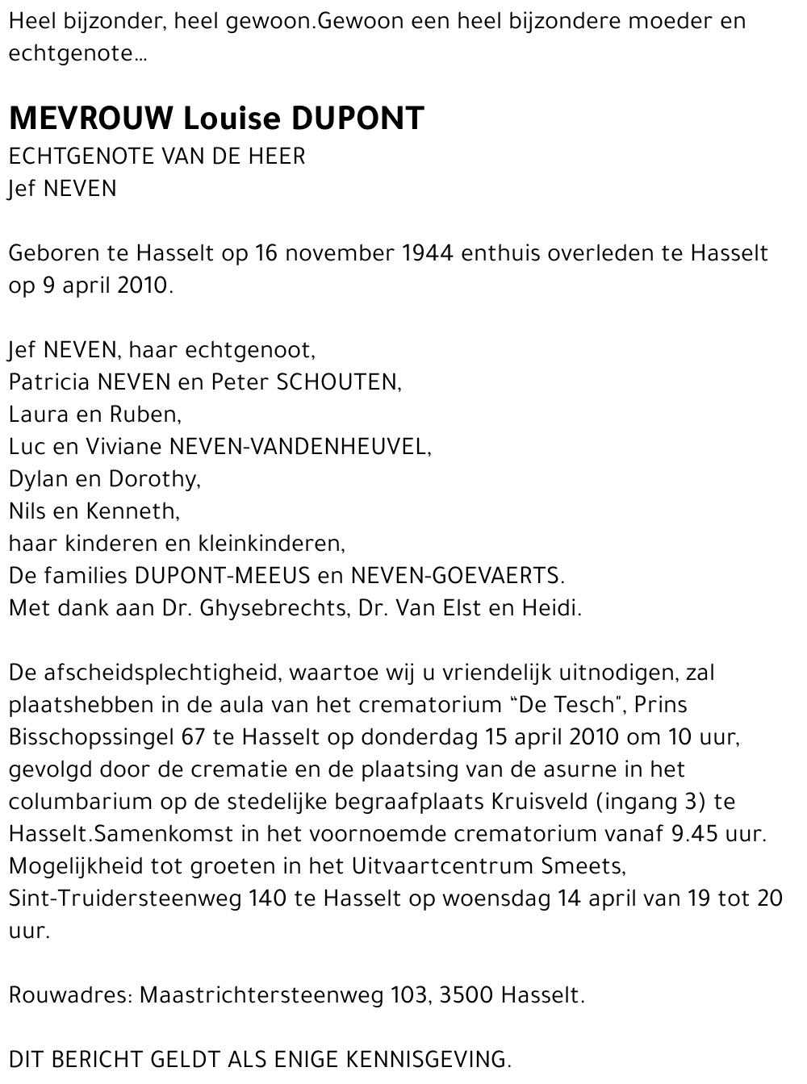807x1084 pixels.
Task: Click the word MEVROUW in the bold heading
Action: tap(90, 119)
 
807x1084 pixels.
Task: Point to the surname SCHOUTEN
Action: tap(337, 382)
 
